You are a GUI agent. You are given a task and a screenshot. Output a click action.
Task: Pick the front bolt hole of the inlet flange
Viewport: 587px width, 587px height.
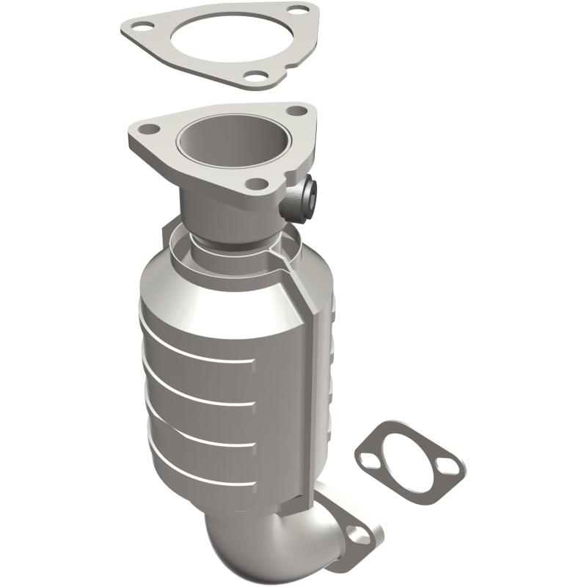point(254,183)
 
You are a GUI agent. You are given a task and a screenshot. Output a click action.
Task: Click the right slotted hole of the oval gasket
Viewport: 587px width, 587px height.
point(446,467)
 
